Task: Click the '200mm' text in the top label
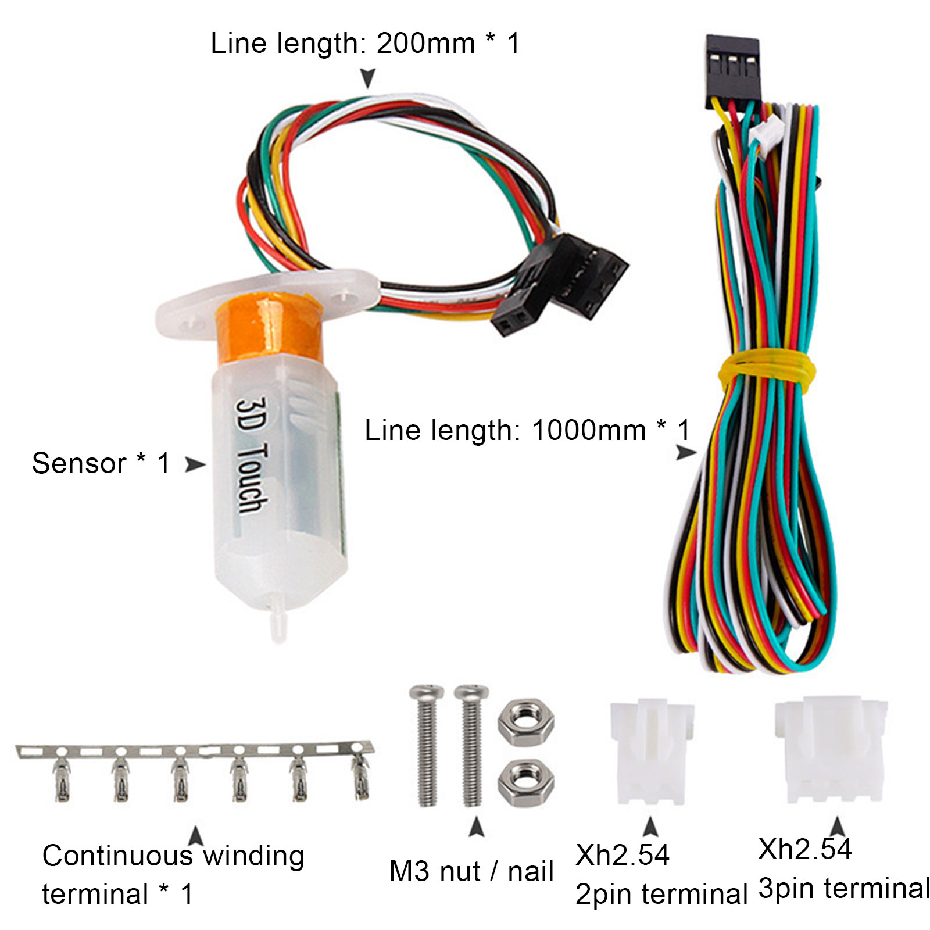(x=426, y=44)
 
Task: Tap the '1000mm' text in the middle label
(x=589, y=431)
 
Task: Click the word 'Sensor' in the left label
(x=79, y=464)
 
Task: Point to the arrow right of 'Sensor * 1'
(x=195, y=464)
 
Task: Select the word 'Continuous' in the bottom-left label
(x=117, y=856)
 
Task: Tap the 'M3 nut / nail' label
(x=471, y=872)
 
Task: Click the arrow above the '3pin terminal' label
(x=837, y=827)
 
